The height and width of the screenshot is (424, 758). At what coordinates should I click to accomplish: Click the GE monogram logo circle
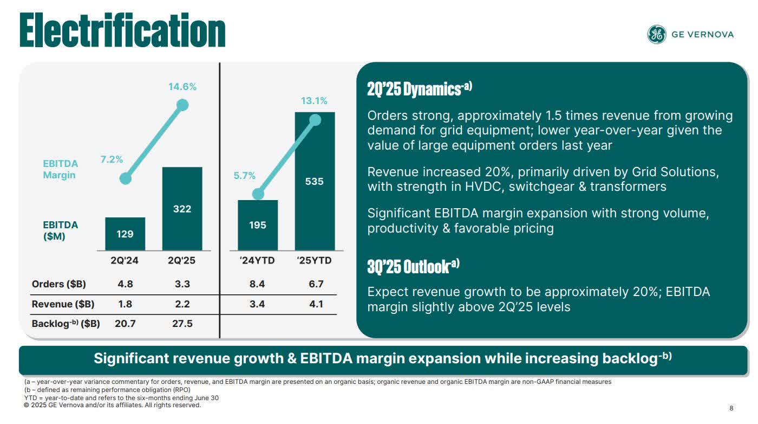(x=656, y=34)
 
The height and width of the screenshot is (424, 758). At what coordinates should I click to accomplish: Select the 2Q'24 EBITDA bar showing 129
(x=125, y=234)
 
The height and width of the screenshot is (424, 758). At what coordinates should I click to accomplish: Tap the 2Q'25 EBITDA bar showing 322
(x=182, y=209)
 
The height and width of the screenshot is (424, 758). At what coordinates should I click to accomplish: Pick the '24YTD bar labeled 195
(x=258, y=224)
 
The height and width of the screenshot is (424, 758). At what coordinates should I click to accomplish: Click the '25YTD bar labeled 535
(x=315, y=181)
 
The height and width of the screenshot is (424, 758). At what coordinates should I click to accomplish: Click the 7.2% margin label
(x=112, y=159)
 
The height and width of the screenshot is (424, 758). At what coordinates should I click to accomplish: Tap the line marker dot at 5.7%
(x=258, y=194)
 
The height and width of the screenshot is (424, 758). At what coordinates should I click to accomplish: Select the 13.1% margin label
(x=314, y=101)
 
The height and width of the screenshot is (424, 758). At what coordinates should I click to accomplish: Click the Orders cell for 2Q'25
(x=182, y=284)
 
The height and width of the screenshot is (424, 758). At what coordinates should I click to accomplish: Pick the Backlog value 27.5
(x=182, y=324)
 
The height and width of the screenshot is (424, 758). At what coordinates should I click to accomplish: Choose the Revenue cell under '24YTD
(x=257, y=304)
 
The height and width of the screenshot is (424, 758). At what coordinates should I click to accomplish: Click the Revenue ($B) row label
(x=63, y=304)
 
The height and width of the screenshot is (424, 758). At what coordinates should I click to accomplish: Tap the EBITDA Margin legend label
(x=60, y=169)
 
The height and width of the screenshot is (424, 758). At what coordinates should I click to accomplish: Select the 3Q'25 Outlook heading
(x=413, y=266)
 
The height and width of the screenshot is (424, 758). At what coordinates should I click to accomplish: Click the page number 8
(x=731, y=409)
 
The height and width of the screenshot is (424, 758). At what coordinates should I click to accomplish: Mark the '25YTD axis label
(x=314, y=261)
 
